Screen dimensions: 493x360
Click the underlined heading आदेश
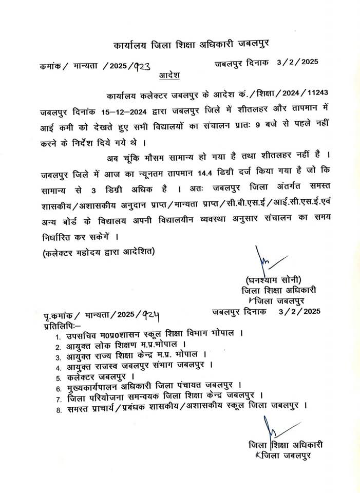tap(169, 75)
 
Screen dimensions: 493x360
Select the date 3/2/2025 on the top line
tap(298, 62)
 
